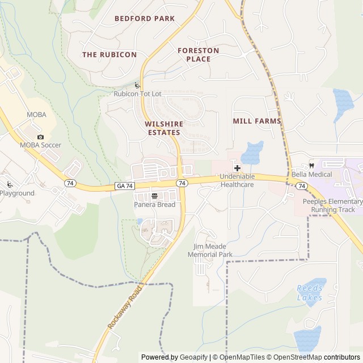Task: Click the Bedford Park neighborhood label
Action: tap(144, 19)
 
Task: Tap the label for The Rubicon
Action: tap(109, 54)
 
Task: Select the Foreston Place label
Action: tap(198, 54)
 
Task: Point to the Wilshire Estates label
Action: tap(163, 128)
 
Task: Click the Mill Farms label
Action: tap(256, 121)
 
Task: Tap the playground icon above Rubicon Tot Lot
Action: tap(138, 85)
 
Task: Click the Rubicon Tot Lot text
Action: tap(138, 94)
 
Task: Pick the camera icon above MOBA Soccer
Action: tap(40, 137)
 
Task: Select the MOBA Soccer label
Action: tap(40, 145)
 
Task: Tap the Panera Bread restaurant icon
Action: tap(154, 195)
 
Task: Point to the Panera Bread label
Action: tap(154, 204)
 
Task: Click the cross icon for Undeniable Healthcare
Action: tap(237, 168)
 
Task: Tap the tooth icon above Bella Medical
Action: tap(311, 166)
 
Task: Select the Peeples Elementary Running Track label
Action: tap(332, 205)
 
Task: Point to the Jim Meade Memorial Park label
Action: tap(213, 251)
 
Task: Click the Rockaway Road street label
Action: tap(124, 309)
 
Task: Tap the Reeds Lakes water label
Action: tap(310, 293)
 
